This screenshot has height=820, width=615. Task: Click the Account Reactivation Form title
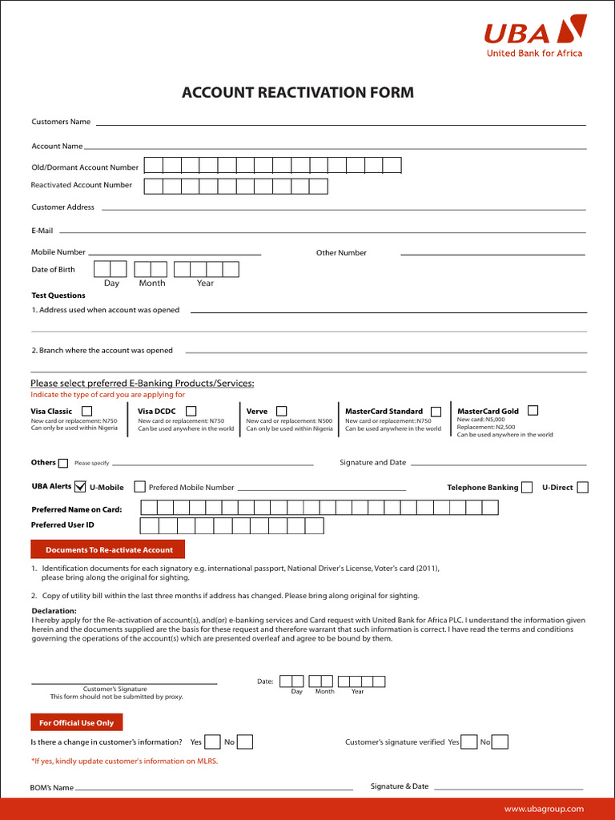click(298, 93)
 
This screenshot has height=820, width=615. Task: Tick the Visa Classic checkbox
click(86, 412)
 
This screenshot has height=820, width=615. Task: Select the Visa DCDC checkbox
click(191, 411)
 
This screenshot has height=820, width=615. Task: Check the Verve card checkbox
click(281, 411)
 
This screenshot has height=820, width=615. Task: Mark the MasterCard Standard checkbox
click(436, 412)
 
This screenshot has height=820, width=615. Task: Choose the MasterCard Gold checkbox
click(533, 410)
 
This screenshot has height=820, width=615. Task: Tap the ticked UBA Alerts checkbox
click(80, 486)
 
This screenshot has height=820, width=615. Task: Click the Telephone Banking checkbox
click(526, 487)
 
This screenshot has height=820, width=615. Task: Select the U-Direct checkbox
click(582, 487)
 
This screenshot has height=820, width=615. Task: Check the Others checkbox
click(63, 463)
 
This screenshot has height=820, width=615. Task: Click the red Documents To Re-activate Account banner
click(108, 550)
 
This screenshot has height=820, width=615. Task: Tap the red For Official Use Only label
click(77, 723)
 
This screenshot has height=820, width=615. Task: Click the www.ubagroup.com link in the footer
click(544, 810)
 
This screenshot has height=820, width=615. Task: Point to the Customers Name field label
click(61, 122)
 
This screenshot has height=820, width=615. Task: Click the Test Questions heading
click(58, 295)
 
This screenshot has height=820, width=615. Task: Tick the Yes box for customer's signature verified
click(469, 742)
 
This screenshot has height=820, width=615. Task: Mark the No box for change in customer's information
click(245, 742)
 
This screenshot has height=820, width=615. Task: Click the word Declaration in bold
click(54, 611)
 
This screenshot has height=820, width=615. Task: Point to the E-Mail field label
click(42, 231)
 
